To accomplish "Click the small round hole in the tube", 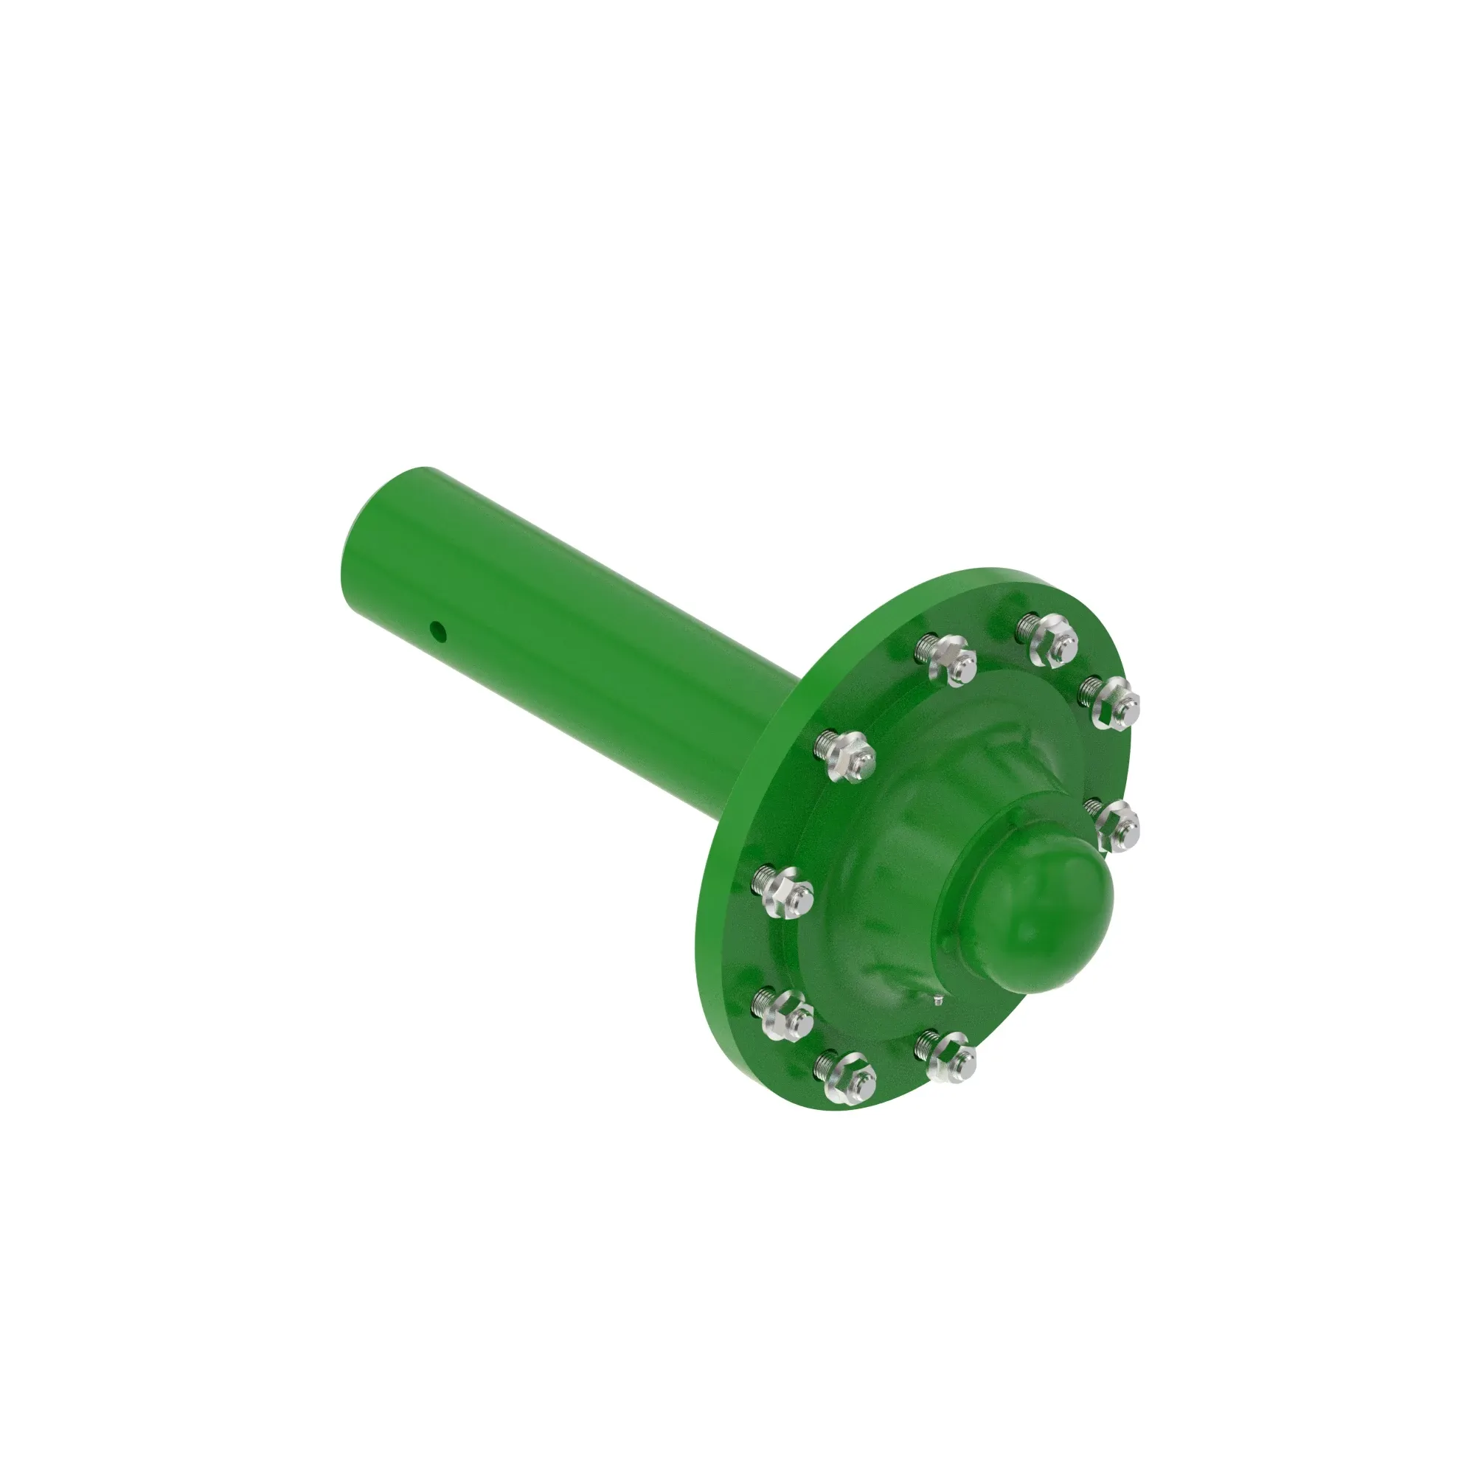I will (x=437, y=630).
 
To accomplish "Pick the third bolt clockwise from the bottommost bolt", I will (x=846, y=753).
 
